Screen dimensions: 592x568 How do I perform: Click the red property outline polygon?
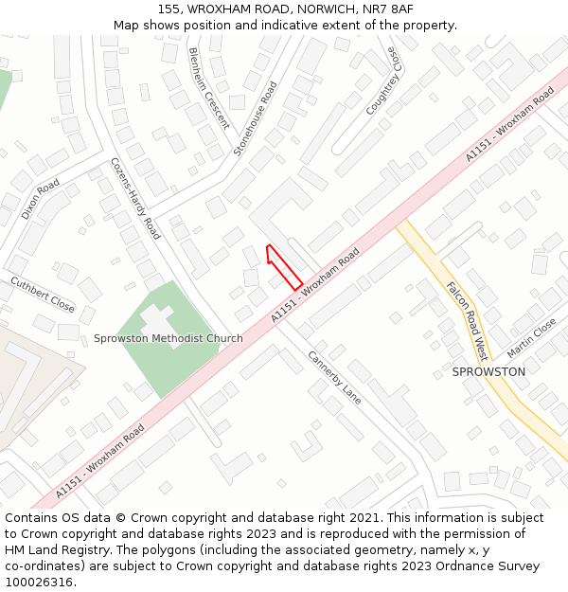click(x=284, y=267)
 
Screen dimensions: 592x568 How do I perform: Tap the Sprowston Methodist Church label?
click(x=168, y=338)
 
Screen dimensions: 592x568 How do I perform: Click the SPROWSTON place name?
click(x=488, y=371)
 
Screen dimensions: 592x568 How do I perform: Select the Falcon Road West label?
click(x=467, y=321)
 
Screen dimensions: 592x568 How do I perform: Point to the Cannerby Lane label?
click(x=334, y=378)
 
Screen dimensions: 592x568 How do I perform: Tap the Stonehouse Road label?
click(x=256, y=118)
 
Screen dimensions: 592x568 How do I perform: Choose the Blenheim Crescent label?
click(x=209, y=88)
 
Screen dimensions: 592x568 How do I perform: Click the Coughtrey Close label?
click(x=384, y=81)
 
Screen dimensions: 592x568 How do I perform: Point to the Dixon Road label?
click(x=41, y=199)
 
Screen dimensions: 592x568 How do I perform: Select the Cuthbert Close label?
click(x=43, y=295)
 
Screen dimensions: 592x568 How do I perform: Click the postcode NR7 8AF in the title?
click(x=387, y=9)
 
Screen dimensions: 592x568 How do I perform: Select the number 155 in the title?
click(x=169, y=9)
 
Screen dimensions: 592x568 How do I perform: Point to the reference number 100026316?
click(x=40, y=583)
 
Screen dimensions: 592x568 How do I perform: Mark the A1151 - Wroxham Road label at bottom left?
click(x=99, y=461)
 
